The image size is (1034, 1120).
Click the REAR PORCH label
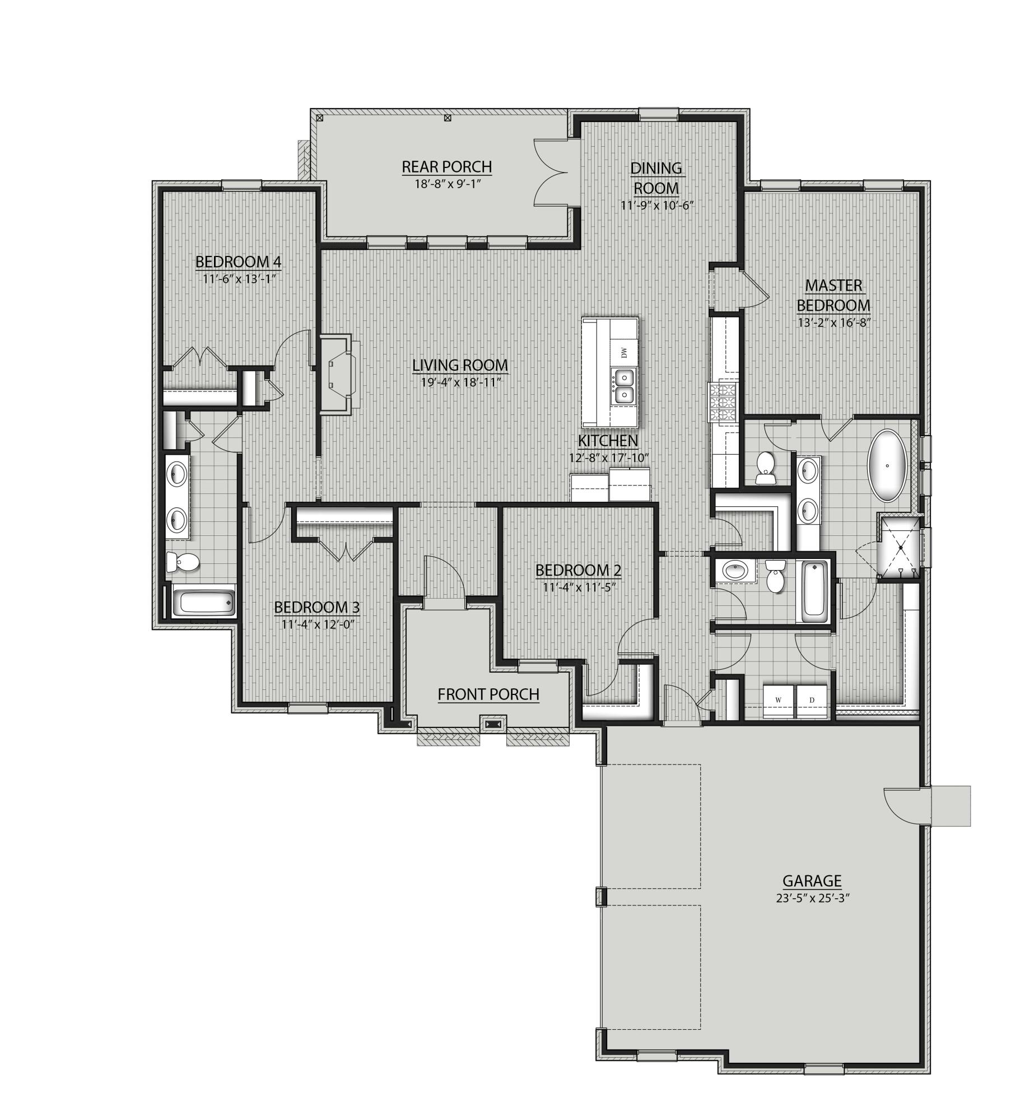446,166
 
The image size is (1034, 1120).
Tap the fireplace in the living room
336,374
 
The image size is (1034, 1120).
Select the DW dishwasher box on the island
624,353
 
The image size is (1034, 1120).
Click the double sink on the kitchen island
623,386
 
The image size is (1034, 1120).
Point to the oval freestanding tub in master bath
887,465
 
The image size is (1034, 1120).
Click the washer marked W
778,700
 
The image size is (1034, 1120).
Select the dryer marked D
812,700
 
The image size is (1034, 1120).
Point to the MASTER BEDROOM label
833,295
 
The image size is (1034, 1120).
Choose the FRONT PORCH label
488,694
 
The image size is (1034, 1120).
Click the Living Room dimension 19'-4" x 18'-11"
460,382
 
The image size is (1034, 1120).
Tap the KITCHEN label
608,440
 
